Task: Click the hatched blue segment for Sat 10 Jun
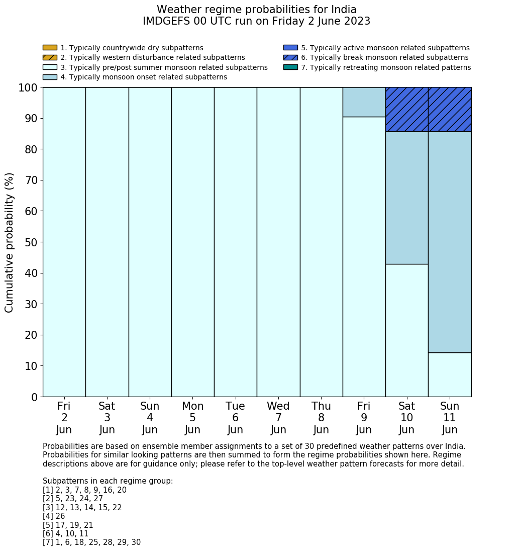[x=406, y=110]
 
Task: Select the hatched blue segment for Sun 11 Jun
[x=450, y=110]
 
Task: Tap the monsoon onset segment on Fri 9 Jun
[x=364, y=102]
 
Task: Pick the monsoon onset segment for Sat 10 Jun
[x=406, y=198]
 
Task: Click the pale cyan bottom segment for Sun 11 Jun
[x=450, y=375]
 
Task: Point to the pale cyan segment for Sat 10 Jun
[x=406, y=330]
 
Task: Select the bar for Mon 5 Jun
[x=192, y=242]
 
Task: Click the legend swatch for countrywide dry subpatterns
[x=50, y=48]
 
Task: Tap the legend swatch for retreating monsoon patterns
[x=290, y=67]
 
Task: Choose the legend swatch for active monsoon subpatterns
[x=290, y=48]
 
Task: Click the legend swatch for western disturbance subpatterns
[x=50, y=58]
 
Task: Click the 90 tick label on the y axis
[x=31, y=119]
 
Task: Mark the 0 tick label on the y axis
[x=34, y=397]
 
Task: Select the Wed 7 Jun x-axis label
[x=278, y=418]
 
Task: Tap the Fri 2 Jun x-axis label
[x=64, y=418]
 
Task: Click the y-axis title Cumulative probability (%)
[x=10, y=242]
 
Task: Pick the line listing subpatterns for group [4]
[x=54, y=516]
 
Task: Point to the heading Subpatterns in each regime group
[x=108, y=481]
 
